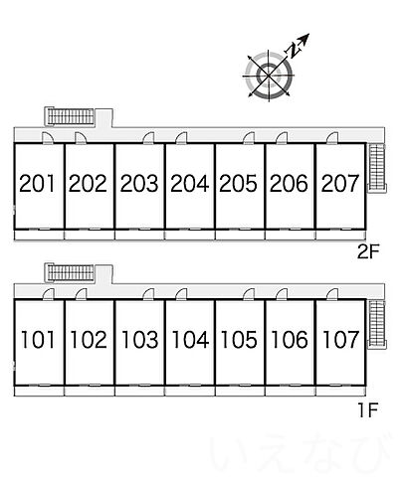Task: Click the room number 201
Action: [x=37, y=183]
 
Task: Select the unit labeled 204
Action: [x=190, y=183]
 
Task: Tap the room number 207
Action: [x=340, y=183]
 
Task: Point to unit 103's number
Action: [x=139, y=340]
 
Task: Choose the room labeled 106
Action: [x=290, y=340]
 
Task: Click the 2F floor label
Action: [x=368, y=252]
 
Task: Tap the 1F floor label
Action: [x=368, y=410]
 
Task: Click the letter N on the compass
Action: [x=293, y=51]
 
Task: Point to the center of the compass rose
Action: [x=269, y=76]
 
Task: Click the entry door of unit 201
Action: [x=48, y=138]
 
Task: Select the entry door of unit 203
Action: [x=149, y=138]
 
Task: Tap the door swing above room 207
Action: [x=332, y=138]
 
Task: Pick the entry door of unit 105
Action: [x=249, y=294]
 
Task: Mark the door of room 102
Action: [x=81, y=294]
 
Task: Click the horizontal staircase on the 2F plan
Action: [x=70, y=116]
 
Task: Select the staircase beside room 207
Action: [x=377, y=168]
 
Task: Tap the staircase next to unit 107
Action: [x=377, y=325]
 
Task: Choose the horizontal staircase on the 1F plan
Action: [x=70, y=273]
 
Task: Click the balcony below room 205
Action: [x=240, y=235]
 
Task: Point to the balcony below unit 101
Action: [x=39, y=392]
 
